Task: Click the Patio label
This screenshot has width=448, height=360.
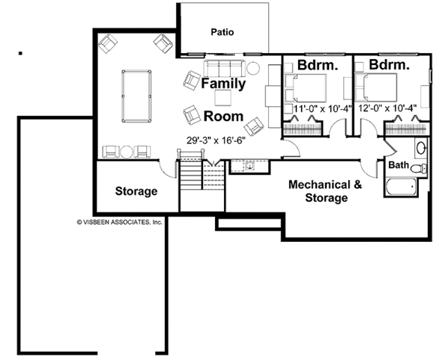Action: [223, 32]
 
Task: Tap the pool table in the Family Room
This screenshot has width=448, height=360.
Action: [137, 96]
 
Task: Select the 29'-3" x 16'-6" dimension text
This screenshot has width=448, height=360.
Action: [216, 140]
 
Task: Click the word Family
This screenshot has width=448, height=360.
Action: [223, 84]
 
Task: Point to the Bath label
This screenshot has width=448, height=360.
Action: [399, 165]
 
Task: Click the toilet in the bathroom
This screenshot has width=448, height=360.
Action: [419, 169]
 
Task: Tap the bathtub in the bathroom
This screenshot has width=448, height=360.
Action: [401, 186]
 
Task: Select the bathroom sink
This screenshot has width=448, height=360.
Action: [421, 148]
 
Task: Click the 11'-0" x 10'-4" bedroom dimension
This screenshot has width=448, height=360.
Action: [323, 109]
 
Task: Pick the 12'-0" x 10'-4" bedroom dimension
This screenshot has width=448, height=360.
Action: [388, 108]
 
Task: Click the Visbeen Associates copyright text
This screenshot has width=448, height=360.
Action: [119, 222]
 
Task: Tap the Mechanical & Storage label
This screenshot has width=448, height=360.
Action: [326, 191]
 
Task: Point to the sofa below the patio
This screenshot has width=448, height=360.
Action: [224, 68]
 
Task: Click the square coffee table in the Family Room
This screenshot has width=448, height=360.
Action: [223, 98]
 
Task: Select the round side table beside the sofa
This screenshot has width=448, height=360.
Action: [253, 69]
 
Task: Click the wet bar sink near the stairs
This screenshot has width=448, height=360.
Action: [250, 165]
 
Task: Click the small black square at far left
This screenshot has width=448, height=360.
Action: [20, 53]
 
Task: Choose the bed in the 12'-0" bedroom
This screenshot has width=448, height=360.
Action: [376, 87]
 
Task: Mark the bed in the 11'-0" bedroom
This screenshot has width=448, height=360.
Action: [305, 88]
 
